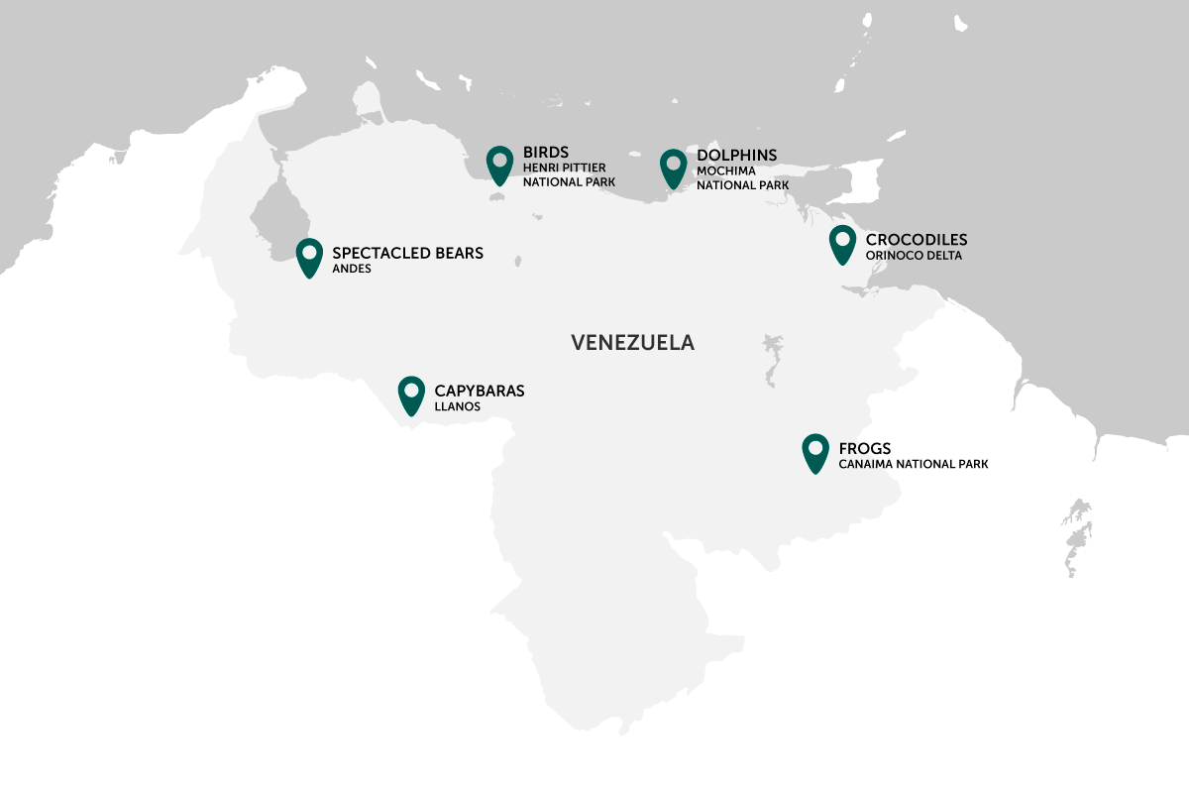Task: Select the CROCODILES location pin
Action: coord(842,243)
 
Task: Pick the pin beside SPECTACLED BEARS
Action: coord(309,257)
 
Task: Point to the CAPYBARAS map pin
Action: coord(411,394)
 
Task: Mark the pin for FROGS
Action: coord(815,452)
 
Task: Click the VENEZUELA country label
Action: coord(632,343)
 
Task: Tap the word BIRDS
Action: coord(546,153)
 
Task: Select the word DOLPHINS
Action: coord(736,156)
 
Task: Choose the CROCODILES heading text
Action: coord(917,240)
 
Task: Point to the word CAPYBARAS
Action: coord(480,391)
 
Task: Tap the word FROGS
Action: coord(865,449)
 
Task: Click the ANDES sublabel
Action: coord(352,269)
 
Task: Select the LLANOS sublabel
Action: coord(457,406)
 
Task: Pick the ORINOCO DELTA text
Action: coord(914,256)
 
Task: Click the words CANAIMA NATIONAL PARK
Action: coord(914,464)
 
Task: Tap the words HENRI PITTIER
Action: coord(564,169)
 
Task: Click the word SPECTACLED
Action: coord(378,253)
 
